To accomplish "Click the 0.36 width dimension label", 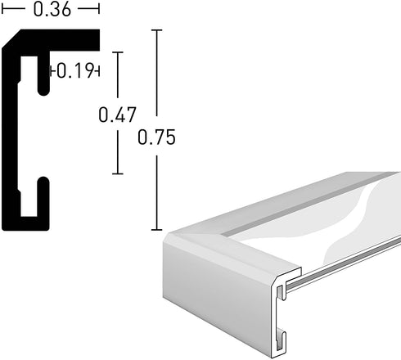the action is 52,9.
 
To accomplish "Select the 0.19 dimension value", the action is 75,71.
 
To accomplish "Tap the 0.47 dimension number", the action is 117,115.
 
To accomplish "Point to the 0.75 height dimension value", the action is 156,137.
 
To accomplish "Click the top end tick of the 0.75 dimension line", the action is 156,30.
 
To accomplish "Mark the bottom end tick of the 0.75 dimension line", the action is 156,230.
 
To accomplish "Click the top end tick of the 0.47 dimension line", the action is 118,52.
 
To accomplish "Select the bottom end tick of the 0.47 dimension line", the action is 118,173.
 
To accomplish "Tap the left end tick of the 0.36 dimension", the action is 2,9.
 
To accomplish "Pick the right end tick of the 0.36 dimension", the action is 99,9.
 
